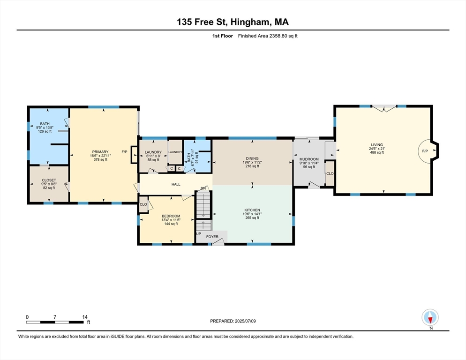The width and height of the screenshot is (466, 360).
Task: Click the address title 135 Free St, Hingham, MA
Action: (x=233, y=22)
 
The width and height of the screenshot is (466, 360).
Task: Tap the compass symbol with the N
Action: (x=430, y=317)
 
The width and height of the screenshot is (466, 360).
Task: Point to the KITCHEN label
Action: (x=252, y=210)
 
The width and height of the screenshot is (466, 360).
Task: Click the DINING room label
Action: (x=252, y=158)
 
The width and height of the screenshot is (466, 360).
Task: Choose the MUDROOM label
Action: (x=309, y=159)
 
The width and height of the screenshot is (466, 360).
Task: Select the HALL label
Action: (x=176, y=184)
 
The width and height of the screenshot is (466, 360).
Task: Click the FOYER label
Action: (x=212, y=237)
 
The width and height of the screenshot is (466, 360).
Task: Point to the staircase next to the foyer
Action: (x=203, y=209)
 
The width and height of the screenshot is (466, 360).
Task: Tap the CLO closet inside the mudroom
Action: (x=330, y=173)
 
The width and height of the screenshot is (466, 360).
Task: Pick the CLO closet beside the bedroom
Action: (x=143, y=204)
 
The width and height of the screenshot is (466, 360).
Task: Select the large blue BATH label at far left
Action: (x=45, y=124)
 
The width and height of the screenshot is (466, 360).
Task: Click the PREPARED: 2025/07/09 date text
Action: (x=233, y=321)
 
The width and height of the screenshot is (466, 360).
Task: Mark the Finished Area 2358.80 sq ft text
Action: (x=268, y=36)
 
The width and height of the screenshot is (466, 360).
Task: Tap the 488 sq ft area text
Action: (x=377, y=152)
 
